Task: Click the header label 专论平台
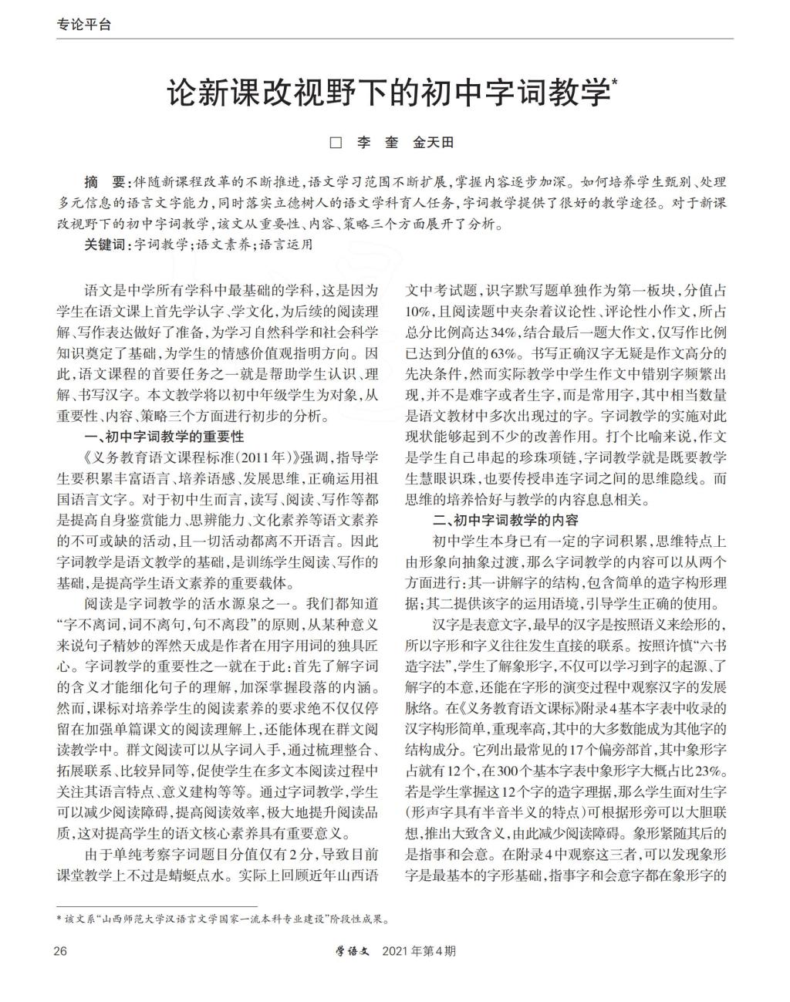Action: click(84, 24)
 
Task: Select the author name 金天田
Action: click(434, 143)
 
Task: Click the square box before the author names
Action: click(336, 143)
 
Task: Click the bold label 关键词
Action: click(107, 245)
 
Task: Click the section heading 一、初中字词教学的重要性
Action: click(164, 437)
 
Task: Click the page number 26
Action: click(60, 950)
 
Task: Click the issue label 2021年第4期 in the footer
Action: click(419, 950)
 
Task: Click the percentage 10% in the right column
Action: click(419, 312)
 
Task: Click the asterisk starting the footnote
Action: click(60, 919)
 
